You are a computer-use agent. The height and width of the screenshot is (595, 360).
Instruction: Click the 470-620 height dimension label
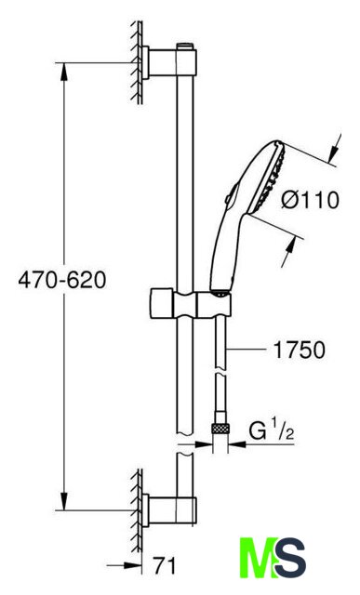click(62, 281)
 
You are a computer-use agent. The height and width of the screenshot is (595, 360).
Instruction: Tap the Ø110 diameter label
click(311, 200)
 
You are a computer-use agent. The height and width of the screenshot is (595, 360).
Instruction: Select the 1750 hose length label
click(300, 350)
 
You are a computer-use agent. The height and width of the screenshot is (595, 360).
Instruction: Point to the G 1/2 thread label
click(272, 431)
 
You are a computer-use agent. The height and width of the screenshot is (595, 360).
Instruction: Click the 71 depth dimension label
click(165, 566)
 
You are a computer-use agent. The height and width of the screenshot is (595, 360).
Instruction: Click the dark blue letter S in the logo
click(290, 557)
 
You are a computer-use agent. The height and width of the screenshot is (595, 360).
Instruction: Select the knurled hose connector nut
click(220, 429)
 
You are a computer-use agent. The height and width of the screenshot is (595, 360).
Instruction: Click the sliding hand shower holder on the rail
click(191, 302)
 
